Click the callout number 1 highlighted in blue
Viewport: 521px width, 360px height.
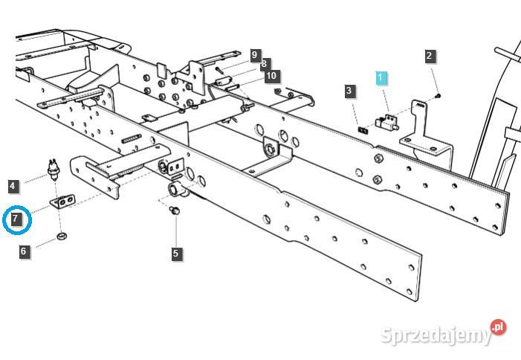click(381, 77)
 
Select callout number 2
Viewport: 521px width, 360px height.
click(430, 55)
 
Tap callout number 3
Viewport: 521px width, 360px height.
click(349, 91)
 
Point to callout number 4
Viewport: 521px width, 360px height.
click(13, 185)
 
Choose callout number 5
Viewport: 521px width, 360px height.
click(175, 253)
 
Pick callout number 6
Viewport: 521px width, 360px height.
click(24, 251)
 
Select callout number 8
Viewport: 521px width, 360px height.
click(264, 64)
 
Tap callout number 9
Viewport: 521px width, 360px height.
click(255, 55)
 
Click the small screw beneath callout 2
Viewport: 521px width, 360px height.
click(439, 95)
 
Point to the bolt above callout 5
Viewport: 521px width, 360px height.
click(175, 212)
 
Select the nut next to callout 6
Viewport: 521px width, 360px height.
click(62, 237)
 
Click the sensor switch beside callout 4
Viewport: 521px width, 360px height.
click(54, 170)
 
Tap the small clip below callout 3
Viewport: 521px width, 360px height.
click(363, 127)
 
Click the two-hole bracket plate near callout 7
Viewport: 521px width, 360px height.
click(64, 201)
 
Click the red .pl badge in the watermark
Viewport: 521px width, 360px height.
click(498, 327)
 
